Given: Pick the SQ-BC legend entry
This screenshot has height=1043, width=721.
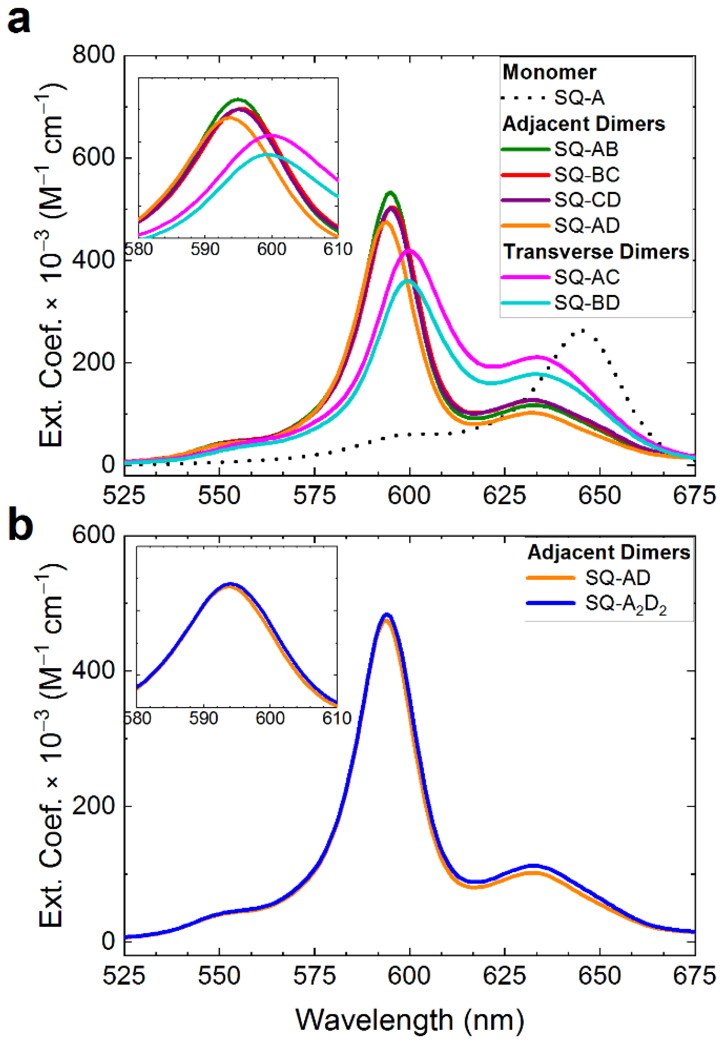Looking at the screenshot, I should pyautogui.click(x=587, y=175).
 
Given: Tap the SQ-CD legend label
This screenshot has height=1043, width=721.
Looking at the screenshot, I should pyautogui.click(x=587, y=200).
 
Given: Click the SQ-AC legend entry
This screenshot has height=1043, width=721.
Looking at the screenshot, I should pyautogui.click(x=587, y=277).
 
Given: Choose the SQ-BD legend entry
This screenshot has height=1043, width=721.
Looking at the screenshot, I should pyautogui.click(x=587, y=303).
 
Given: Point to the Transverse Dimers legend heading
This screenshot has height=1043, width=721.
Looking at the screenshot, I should pyautogui.click(x=596, y=252).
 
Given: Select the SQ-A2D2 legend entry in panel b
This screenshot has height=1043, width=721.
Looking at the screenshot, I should pyautogui.click(x=625, y=604).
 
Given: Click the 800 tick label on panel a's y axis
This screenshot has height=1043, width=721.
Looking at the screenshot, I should pyautogui.click(x=94, y=55).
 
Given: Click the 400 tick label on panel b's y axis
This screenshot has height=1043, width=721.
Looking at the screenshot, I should pyautogui.click(x=94, y=671).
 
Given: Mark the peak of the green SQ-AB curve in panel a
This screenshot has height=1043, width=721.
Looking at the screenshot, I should pyautogui.click(x=391, y=193).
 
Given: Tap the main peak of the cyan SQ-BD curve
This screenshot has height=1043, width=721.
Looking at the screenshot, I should pyautogui.click(x=408, y=281).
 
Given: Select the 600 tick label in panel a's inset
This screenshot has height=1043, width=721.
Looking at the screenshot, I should pyautogui.click(x=272, y=249).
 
